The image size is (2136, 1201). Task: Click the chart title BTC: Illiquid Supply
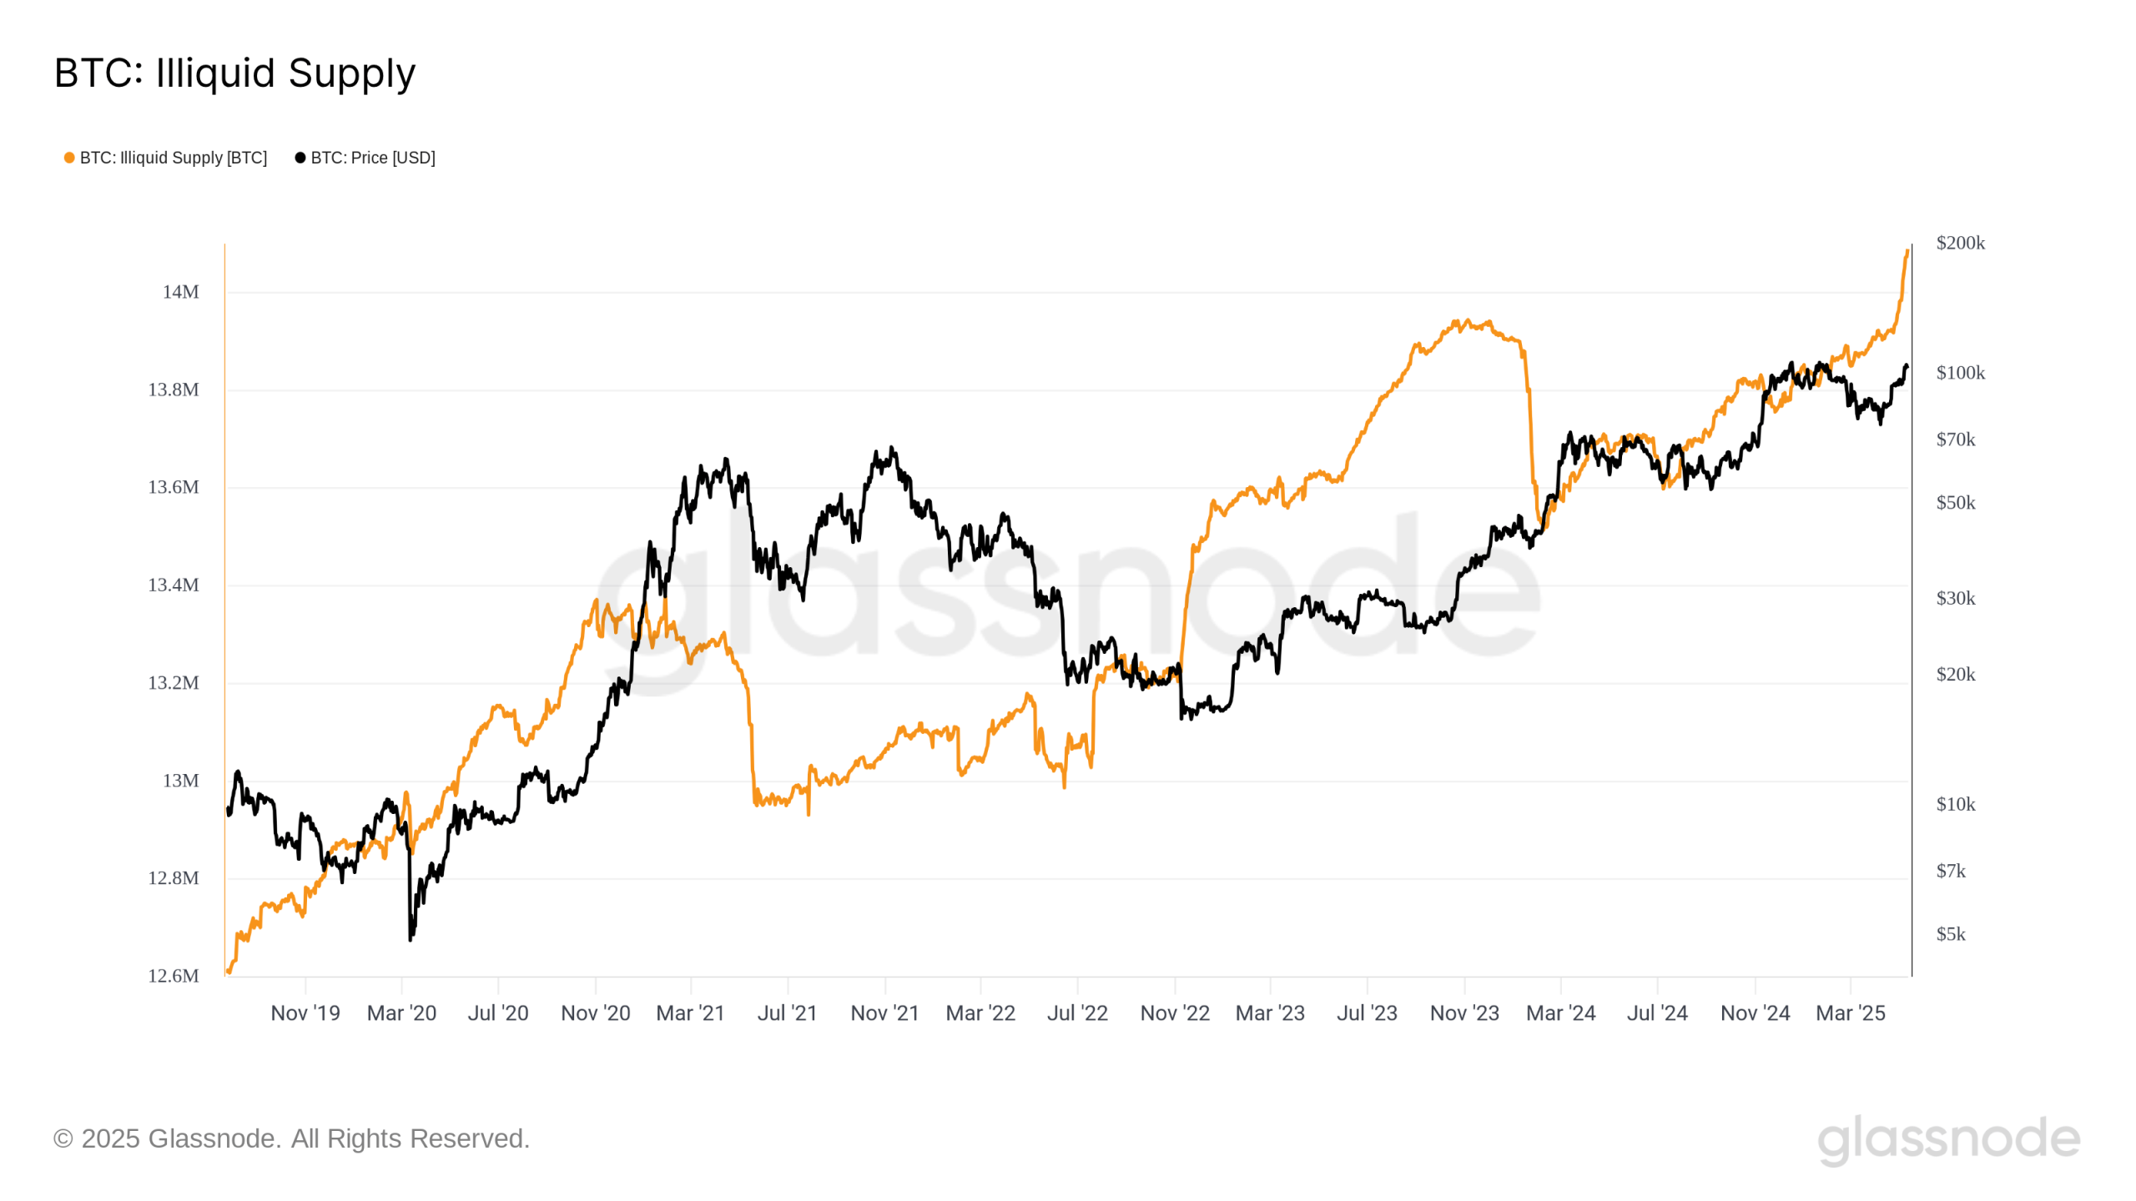[x=234, y=73]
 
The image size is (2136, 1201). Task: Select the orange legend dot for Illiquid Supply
[x=69, y=158]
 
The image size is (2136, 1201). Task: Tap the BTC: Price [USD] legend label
[x=372, y=158]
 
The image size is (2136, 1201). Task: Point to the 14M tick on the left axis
[x=180, y=292]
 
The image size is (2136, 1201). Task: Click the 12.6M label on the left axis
[x=173, y=976]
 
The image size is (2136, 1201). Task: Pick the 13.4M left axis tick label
[x=173, y=585]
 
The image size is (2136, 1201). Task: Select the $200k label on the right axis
[x=1960, y=243]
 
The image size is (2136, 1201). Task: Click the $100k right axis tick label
[x=1960, y=373]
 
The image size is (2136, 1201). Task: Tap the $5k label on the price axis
[x=1950, y=934]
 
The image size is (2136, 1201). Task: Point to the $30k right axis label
[x=1955, y=598]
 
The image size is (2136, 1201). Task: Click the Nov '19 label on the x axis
[x=305, y=1013]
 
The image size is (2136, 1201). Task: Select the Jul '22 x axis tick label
[x=1077, y=1013]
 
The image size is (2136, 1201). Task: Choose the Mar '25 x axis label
[x=1850, y=1013]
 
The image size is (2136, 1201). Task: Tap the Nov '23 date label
[x=1464, y=1013]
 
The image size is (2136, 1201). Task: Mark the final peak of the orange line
[x=1907, y=251]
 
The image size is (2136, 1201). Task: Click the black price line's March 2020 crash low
[x=410, y=939]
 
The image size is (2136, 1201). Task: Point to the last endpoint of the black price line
[x=1907, y=366]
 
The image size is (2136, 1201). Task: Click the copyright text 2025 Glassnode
[x=291, y=1138]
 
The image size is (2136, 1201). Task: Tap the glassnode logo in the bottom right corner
[x=1948, y=1139]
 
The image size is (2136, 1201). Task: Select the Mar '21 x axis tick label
[x=690, y=1013]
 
